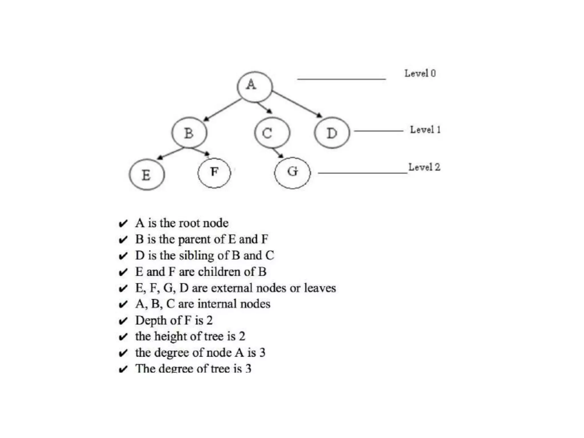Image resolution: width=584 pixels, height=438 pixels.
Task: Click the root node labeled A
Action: pyautogui.click(x=255, y=87)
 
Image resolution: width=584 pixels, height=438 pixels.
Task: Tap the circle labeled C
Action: pyautogui.click(x=272, y=133)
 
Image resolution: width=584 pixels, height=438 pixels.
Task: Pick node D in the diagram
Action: pyautogui.click(x=332, y=133)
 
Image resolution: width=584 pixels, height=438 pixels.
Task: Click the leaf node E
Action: pyautogui.click(x=147, y=175)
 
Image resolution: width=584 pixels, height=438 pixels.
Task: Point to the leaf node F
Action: pyautogui.click(x=214, y=173)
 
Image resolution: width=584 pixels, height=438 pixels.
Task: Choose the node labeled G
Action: pyautogui.click(x=292, y=173)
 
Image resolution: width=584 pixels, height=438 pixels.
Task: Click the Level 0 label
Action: pyautogui.click(x=420, y=74)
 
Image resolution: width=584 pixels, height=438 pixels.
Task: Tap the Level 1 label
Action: pyautogui.click(x=425, y=130)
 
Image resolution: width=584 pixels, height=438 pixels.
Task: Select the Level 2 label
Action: pyautogui.click(x=424, y=167)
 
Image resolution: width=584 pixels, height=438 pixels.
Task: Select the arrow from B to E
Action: pyautogui.click(x=171, y=153)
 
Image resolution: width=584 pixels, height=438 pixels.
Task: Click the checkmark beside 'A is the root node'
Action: pyautogui.click(x=123, y=224)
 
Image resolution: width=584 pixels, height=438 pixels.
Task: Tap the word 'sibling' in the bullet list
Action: pyautogui.click(x=196, y=255)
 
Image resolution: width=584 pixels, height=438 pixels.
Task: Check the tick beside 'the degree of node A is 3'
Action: pyautogui.click(x=123, y=353)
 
